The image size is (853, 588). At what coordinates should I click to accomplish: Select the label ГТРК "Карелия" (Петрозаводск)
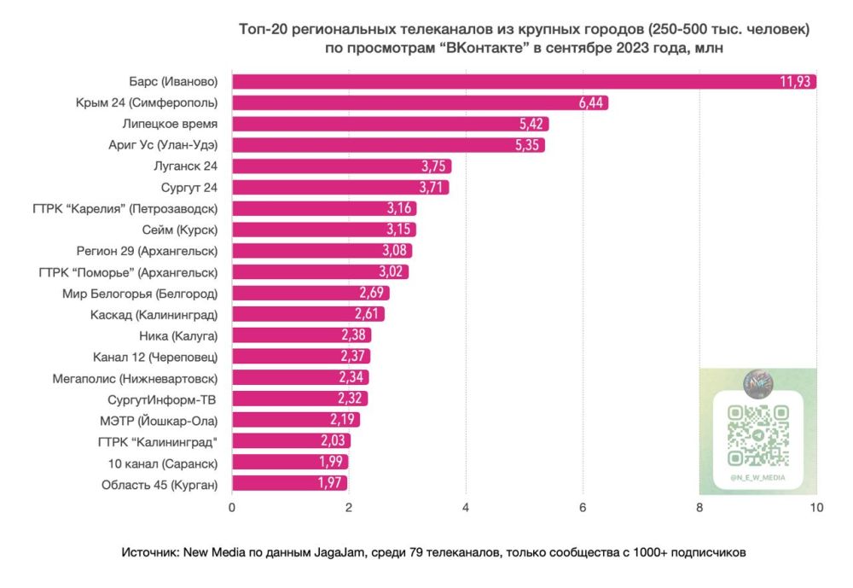129,208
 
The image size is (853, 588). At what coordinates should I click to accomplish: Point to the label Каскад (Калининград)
154,314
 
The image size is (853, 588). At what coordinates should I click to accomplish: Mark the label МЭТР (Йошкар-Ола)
159,420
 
